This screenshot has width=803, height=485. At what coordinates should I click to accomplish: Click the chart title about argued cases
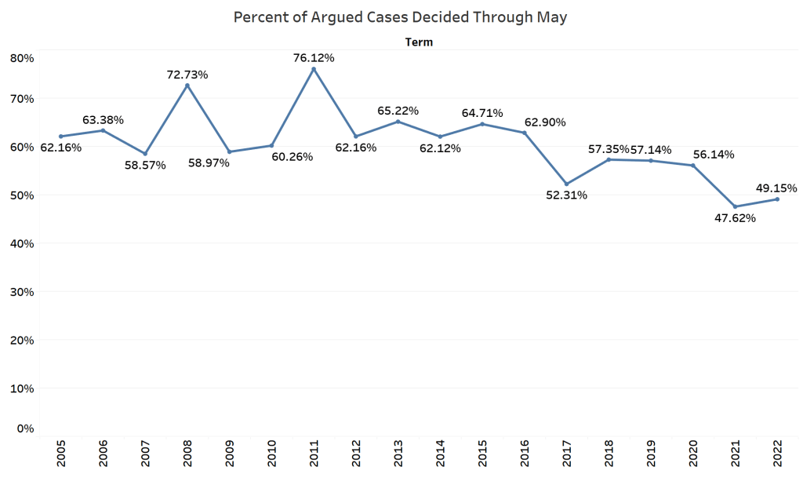click(401, 17)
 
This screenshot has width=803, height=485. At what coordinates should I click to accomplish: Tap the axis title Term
click(419, 42)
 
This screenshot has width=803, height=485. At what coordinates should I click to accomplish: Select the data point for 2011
click(314, 69)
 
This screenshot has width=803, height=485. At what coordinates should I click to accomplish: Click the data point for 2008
click(187, 85)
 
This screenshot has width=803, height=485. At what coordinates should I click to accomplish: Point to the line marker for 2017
click(566, 184)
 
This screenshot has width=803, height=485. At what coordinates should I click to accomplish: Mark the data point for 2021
click(735, 206)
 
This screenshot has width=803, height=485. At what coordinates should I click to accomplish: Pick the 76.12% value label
click(314, 57)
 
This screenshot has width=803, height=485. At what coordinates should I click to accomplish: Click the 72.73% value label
click(187, 75)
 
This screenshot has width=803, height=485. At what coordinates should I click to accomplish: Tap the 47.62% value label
click(735, 218)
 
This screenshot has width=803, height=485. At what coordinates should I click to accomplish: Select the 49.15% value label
click(776, 188)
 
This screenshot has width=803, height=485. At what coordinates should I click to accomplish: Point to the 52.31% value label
click(566, 195)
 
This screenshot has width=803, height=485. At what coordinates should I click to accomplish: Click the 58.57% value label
click(145, 165)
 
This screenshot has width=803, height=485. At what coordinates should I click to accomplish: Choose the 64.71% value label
click(482, 113)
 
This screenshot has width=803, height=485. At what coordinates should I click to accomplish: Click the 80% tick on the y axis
click(22, 57)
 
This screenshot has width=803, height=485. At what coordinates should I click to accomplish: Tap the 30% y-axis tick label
click(22, 291)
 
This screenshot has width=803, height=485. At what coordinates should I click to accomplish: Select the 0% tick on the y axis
click(25, 428)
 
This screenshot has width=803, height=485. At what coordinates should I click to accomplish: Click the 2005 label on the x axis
click(61, 454)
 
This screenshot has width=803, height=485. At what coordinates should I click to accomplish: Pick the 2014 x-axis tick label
click(440, 454)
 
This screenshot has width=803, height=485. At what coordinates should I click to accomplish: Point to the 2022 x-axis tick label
click(777, 454)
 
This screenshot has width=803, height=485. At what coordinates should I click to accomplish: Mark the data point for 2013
click(398, 122)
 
